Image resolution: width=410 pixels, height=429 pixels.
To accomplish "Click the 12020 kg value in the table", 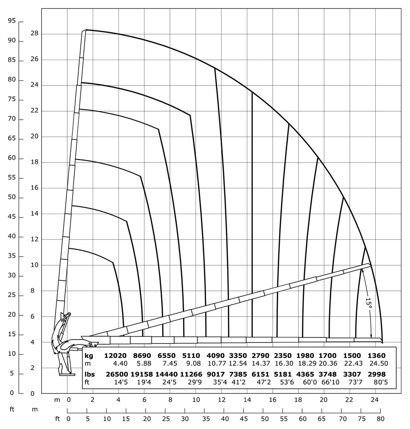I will point(115,356).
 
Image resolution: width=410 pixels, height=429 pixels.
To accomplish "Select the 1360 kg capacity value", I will point(377,356).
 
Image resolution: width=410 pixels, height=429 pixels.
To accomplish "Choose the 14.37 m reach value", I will point(261,364).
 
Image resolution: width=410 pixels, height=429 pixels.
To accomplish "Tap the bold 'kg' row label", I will point(89,356).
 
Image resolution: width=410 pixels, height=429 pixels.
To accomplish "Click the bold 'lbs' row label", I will point(90,374).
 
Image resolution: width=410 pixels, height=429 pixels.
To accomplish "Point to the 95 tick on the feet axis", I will point(12,21).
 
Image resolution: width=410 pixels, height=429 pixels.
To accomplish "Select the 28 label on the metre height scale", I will point(34,33).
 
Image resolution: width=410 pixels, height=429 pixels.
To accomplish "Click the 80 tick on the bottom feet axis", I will point(380,419).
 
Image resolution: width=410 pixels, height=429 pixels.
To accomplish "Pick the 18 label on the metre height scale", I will point(34,162).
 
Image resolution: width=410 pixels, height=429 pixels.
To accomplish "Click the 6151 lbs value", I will point(261,374).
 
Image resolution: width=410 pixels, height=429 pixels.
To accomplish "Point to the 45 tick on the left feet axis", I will point(12,217).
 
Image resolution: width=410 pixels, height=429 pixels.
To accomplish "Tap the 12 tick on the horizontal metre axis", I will point(222,400).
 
